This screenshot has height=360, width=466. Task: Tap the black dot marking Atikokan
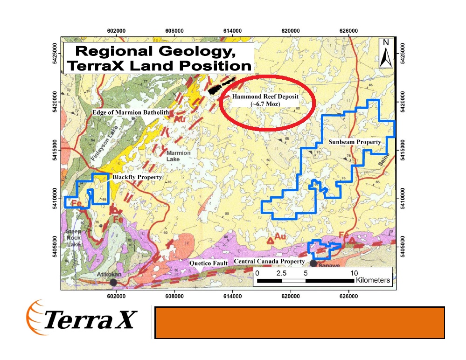pos(113,283)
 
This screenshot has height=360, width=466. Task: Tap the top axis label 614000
pos(232,30)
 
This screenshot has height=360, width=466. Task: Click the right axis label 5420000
pos(403,102)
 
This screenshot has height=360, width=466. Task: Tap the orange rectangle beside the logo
pos(299,322)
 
